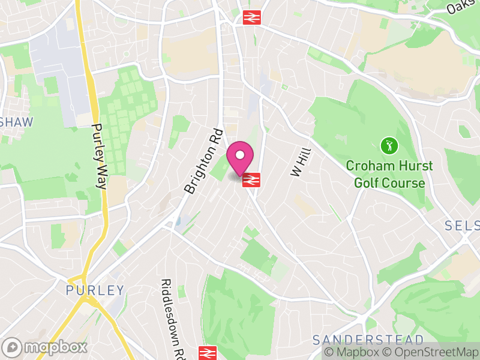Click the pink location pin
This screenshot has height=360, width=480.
click(x=240, y=158)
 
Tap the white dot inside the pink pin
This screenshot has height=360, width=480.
click(x=240, y=155)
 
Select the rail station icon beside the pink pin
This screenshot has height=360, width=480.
click(x=251, y=179)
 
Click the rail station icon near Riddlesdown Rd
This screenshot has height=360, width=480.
click(x=207, y=352)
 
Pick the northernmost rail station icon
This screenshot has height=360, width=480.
click(x=251, y=17)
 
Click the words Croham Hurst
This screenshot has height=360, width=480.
click(x=389, y=165)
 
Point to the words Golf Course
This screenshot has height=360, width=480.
click(x=389, y=182)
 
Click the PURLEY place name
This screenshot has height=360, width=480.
click(x=95, y=291)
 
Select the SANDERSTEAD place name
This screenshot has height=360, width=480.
click(x=368, y=340)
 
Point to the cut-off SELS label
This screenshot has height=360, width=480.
click(x=462, y=226)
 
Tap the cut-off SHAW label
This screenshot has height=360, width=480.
click(x=16, y=122)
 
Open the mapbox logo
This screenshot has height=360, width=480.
click(x=45, y=347)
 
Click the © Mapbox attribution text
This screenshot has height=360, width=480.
click(x=353, y=352)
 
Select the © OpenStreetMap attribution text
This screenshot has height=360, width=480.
click(x=430, y=352)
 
